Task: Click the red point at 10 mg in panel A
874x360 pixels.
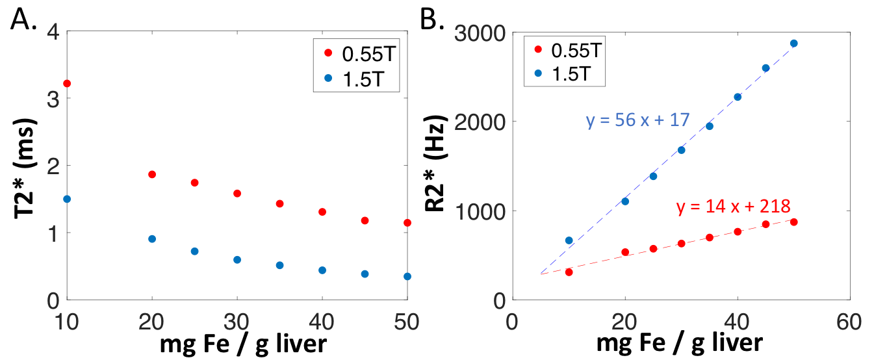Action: point(67,83)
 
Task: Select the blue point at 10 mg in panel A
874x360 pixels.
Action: point(67,199)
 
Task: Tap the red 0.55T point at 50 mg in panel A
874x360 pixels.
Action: point(407,223)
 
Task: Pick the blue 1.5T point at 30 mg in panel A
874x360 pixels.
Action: point(237,260)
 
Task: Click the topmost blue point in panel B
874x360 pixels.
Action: point(793,44)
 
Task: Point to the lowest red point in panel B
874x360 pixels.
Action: point(569,272)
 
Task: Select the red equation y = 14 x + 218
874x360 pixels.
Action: point(733,207)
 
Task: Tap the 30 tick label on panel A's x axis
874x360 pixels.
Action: point(237,322)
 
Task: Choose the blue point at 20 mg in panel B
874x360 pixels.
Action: point(625,201)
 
